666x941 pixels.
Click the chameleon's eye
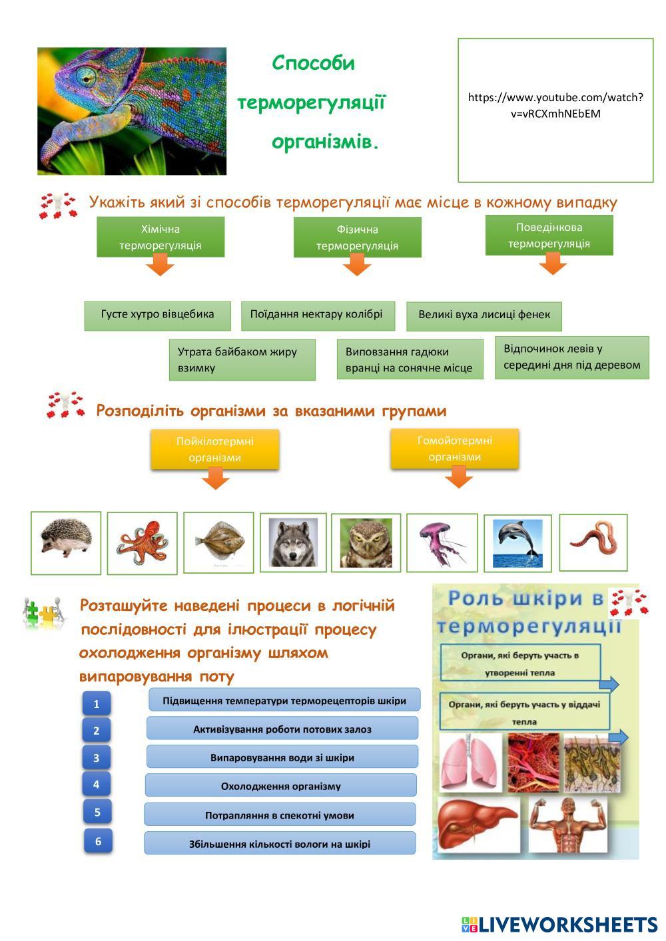86,77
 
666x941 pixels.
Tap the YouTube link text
555,105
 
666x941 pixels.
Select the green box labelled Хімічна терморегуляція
161,237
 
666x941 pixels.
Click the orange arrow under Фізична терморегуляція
357,266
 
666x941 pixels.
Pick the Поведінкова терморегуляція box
549,235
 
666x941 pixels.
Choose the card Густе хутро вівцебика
158,315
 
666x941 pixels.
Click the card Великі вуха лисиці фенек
484,315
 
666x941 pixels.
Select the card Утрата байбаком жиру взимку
242,360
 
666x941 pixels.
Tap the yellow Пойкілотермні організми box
214,449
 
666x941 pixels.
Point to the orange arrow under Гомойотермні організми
458,477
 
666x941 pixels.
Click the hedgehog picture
66,542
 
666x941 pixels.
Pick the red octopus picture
143,543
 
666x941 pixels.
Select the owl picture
366,543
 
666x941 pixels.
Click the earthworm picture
593,542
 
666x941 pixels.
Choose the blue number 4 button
97,784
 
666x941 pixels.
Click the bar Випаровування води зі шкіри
282,757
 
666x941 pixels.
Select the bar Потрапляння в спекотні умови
280,815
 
